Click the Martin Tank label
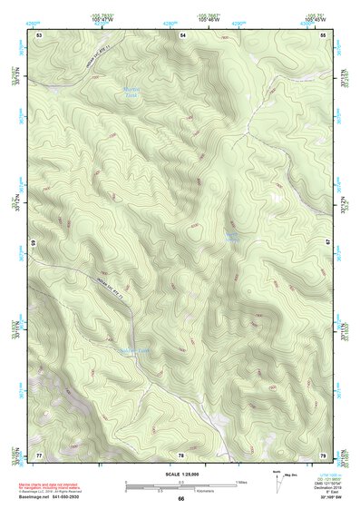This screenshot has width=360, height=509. pyautogui.click(x=131, y=91)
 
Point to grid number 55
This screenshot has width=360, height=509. pyautogui.click(x=324, y=34)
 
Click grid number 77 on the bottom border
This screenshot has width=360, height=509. pyautogui.click(x=39, y=454)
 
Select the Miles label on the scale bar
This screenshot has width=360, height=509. pyautogui.click(x=241, y=480)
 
